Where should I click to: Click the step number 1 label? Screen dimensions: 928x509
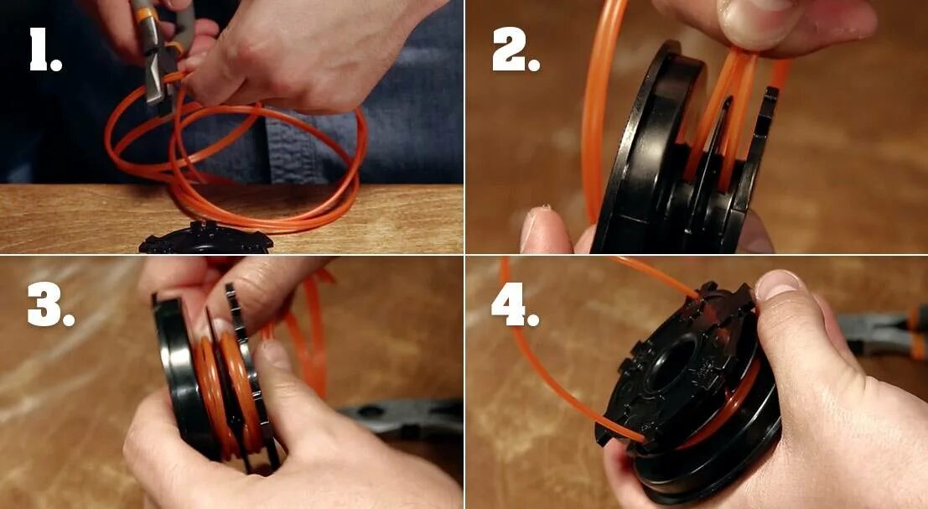coord(45,49)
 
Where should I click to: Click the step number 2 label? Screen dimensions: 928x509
coord(516,49)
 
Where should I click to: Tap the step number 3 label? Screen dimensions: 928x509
coord(50,305)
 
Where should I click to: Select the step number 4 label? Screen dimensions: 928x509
coord(515,305)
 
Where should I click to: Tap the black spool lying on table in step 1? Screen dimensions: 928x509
coord(206,238)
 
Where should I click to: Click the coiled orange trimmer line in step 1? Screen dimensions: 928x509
coord(236,160)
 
